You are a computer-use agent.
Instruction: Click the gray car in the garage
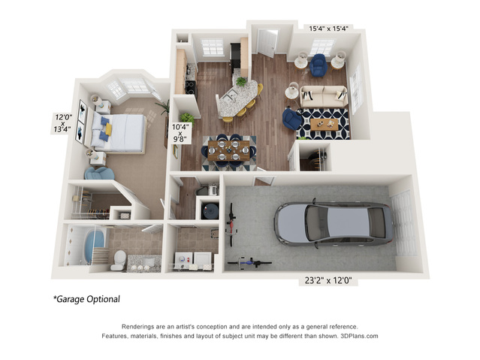pyautogui.click(x=333, y=224)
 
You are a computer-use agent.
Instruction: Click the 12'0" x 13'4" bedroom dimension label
pyautogui.click(x=62, y=123)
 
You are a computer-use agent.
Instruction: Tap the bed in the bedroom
pyautogui.click(x=120, y=133)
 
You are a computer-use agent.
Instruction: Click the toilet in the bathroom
pyautogui.click(x=119, y=260)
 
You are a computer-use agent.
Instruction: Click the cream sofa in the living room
pyautogui.click(x=322, y=96)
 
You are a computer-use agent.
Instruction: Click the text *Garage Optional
pyautogui.click(x=86, y=299)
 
